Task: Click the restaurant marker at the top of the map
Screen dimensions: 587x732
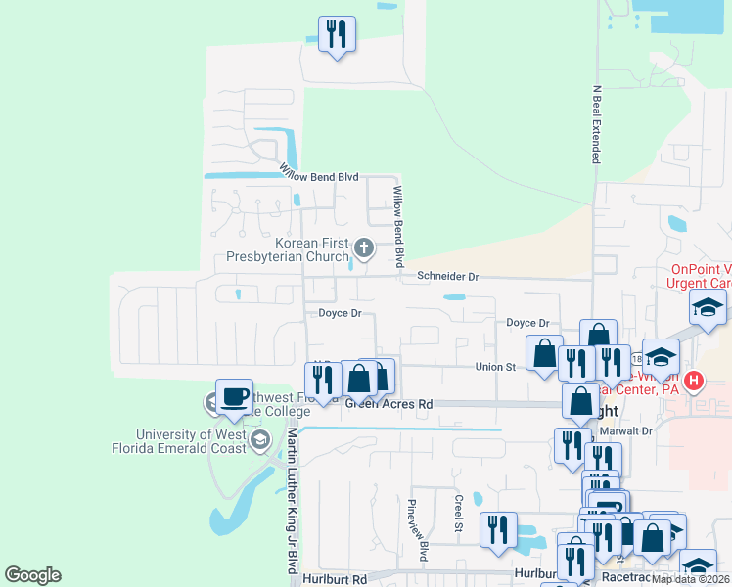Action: (x=337, y=34)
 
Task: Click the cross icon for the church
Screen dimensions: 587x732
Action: (x=364, y=248)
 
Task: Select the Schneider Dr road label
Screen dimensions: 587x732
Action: (x=447, y=277)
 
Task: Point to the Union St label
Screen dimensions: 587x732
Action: (x=495, y=367)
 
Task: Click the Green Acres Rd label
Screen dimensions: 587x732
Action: (x=389, y=403)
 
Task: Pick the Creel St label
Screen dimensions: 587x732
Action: (x=458, y=514)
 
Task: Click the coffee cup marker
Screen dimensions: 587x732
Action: (x=234, y=397)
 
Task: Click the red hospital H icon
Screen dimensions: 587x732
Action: (x=694, y=380)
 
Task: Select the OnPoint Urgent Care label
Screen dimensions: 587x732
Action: (x=701, y=277)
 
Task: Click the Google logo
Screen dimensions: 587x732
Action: (x=32, y=575)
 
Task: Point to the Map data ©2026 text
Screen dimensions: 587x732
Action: (x=691, y=579)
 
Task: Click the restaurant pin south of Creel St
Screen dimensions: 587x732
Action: (x=498, y=529)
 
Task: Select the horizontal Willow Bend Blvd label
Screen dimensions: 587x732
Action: (x=320, y=175)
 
